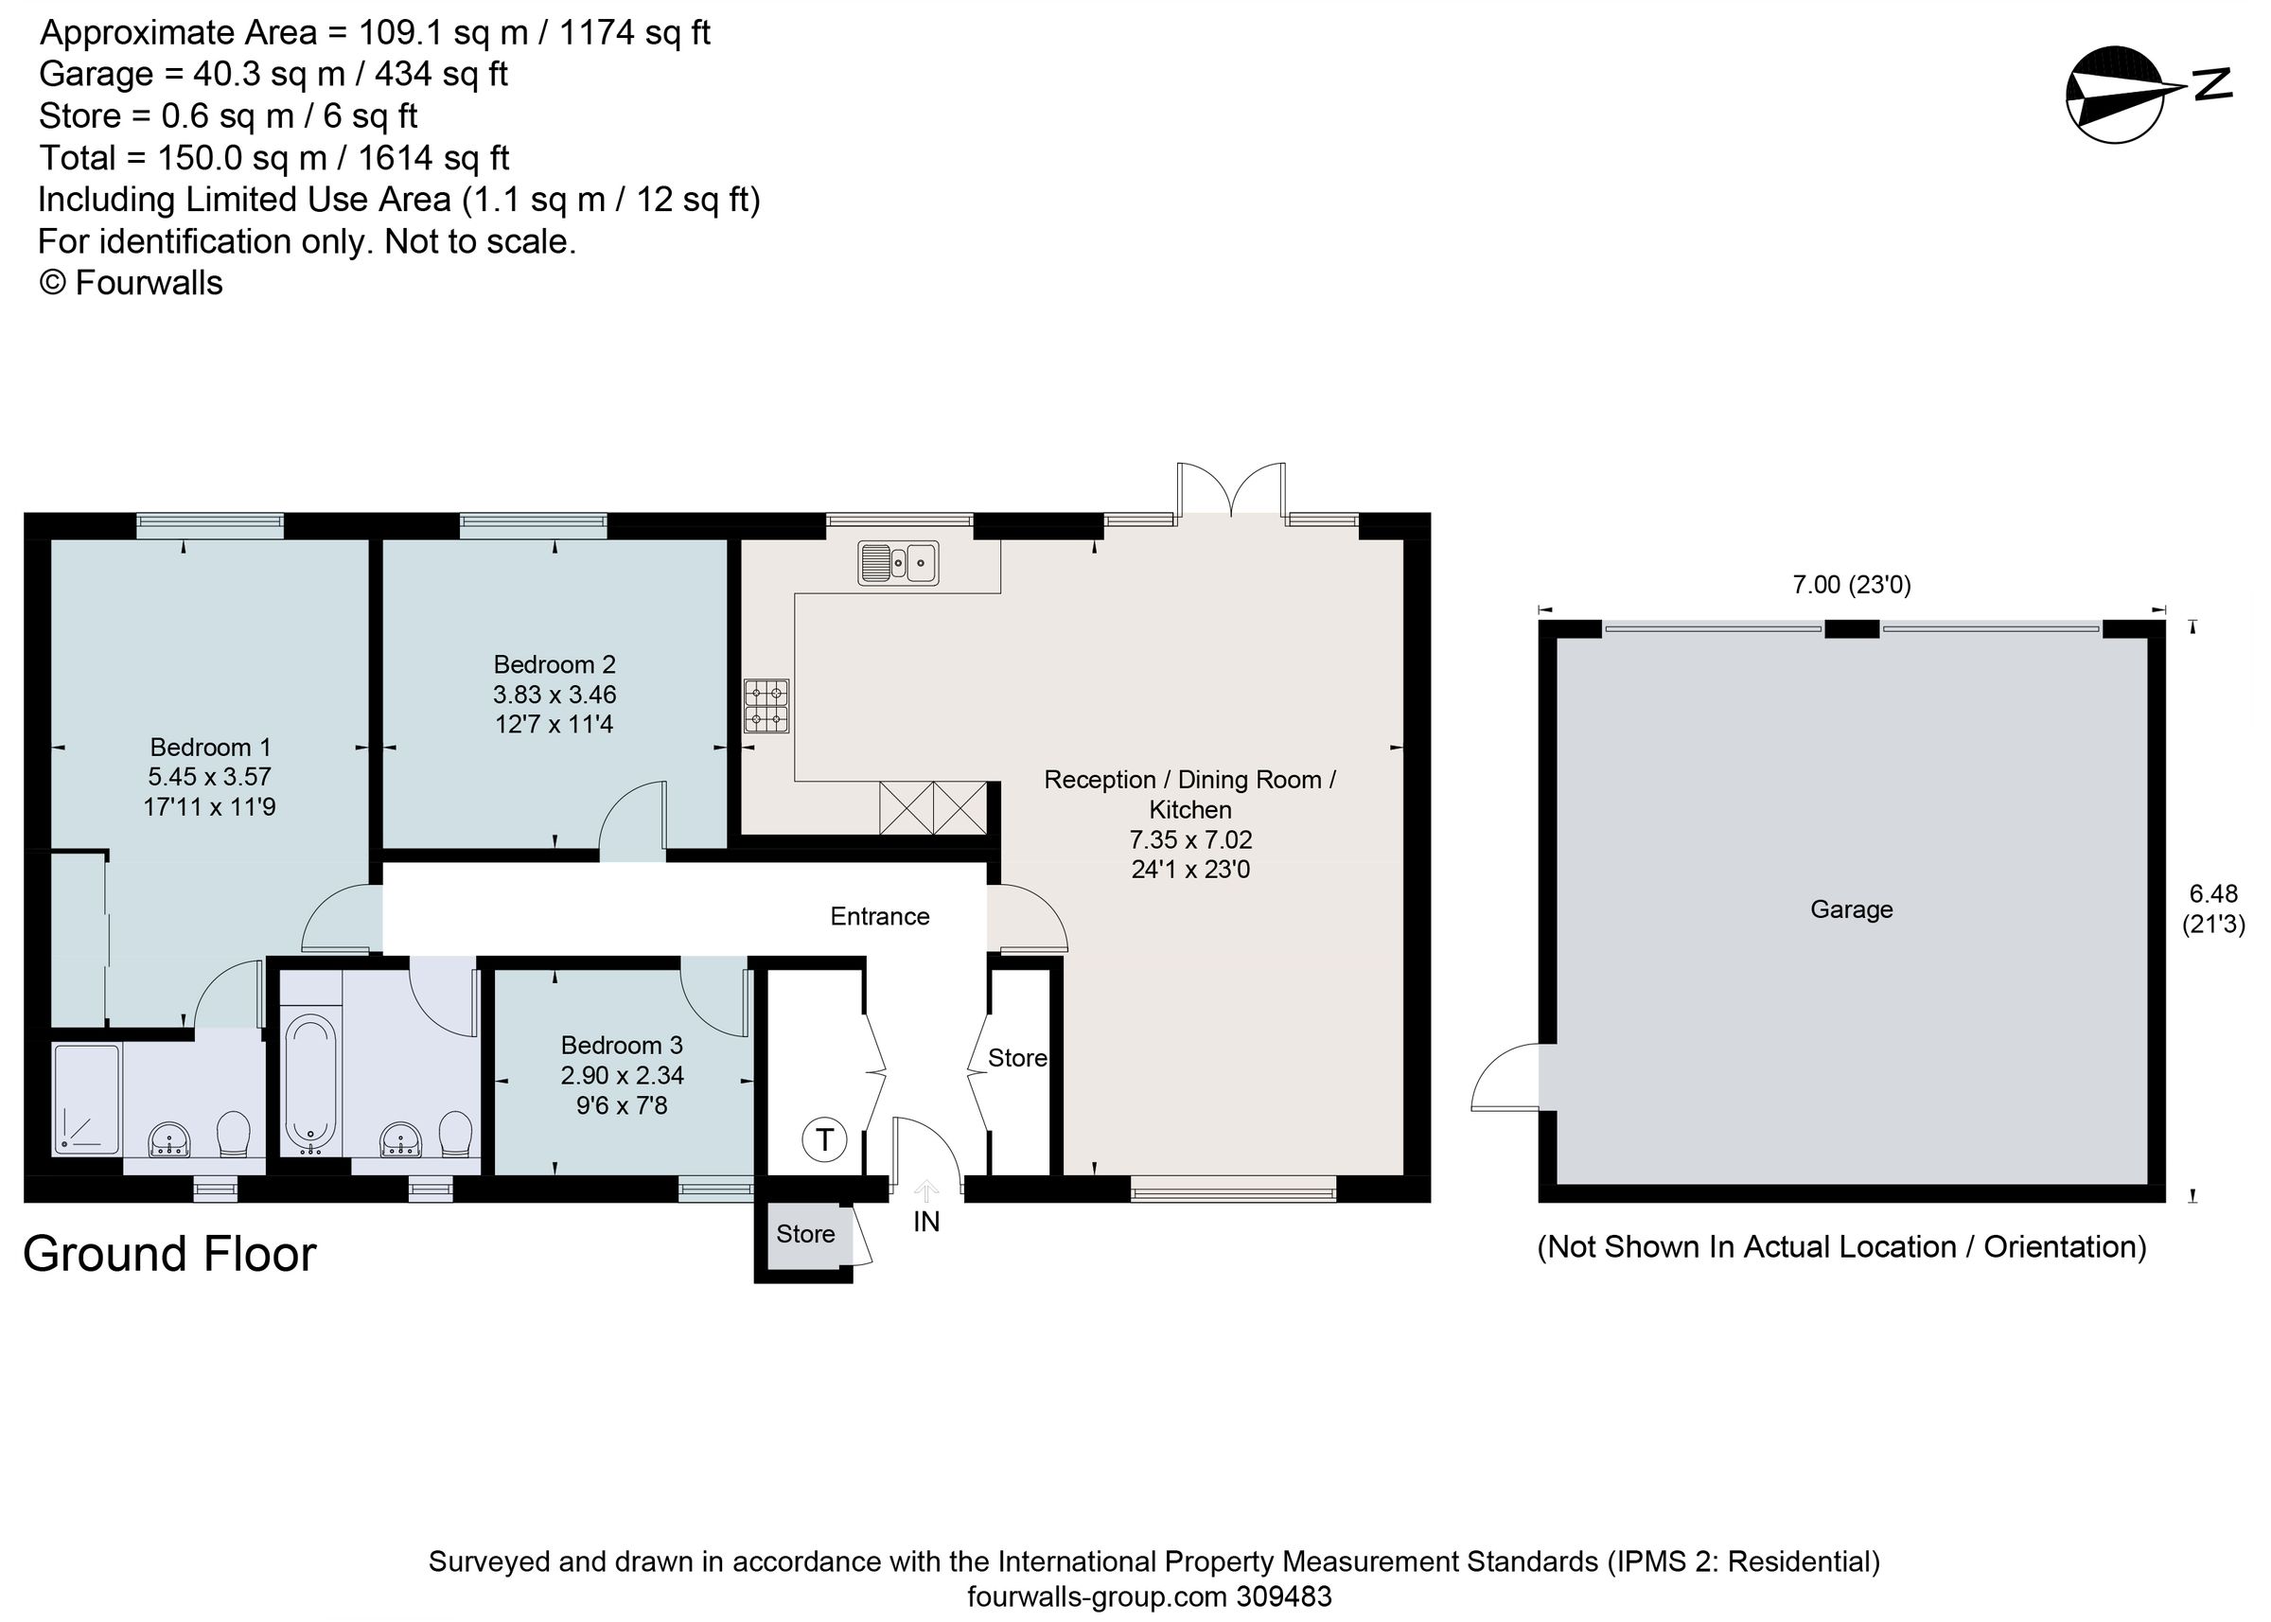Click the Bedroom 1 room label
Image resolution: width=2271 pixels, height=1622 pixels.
(x=210, y=746)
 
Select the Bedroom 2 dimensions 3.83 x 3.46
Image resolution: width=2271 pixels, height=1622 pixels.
(x=555, y=695)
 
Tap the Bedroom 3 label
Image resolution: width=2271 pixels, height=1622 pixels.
(x=621, y=1045)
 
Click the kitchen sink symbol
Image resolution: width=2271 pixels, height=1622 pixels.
(x=898, y=562)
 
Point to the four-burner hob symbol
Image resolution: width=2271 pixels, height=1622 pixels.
(x=766, y=706)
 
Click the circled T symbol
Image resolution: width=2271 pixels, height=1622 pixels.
(x=824, y=1138)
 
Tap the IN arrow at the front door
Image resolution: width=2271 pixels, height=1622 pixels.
(x=925, y=1190)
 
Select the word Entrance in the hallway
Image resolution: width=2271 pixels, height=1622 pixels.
(x=879, y=916)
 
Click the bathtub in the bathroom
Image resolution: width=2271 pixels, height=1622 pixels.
(x=310, y=1084)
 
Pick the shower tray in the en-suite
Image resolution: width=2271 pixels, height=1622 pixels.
(x=87, y=1098)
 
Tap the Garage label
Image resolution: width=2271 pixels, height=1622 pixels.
(x=1851, y=908)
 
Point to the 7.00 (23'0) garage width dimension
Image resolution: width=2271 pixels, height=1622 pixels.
(x=1851, y=584)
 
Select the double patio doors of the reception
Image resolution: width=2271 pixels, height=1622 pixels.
(x=1230, y=489)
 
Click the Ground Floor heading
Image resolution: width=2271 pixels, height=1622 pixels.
(x=168, y=1254)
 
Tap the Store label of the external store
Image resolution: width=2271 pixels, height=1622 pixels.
(x=805, y=1233)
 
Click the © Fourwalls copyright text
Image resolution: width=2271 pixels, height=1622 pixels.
(x=131, y=283)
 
